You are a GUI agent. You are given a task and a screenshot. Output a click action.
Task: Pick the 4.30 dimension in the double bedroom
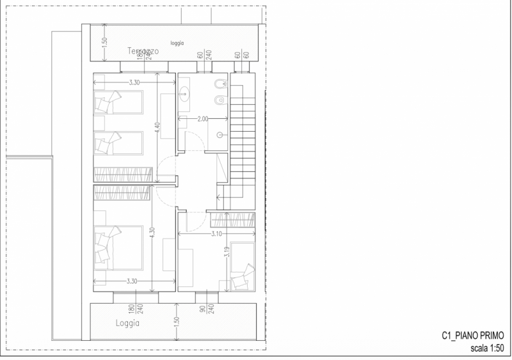[152, 233]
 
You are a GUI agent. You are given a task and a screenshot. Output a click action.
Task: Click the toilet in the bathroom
[220, 84]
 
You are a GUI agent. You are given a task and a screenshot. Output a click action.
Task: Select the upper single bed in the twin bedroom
[119, 100]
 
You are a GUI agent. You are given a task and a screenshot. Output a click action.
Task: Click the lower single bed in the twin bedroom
[119, 143]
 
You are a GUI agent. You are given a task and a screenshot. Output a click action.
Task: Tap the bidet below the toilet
[220, 99]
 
